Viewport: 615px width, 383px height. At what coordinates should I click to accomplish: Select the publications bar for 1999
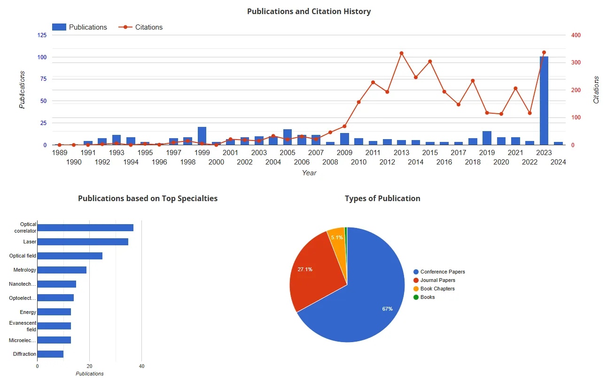[202, 136]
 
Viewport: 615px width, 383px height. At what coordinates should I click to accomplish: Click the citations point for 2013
[401, 53]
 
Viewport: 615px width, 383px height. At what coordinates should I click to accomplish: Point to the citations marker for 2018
[473, 81]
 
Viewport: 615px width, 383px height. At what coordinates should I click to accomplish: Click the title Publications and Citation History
[309, 11]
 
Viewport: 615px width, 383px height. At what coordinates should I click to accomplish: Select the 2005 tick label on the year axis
[288, 153]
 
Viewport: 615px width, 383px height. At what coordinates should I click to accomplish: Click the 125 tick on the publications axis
[42, 35]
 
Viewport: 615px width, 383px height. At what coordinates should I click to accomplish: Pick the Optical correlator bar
[85, 228]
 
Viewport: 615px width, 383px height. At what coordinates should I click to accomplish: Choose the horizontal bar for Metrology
[62, 270]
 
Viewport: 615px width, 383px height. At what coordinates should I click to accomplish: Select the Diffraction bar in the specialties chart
[50, 354]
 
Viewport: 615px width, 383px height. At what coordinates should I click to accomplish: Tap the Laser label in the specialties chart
[30, 242]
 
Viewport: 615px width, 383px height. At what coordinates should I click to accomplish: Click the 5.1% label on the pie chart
[337, 237]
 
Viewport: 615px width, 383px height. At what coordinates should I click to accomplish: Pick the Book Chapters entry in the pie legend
[437, 289]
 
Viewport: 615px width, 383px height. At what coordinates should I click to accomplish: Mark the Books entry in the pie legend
[428, 297]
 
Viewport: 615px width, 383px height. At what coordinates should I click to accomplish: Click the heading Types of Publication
[382, 198]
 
